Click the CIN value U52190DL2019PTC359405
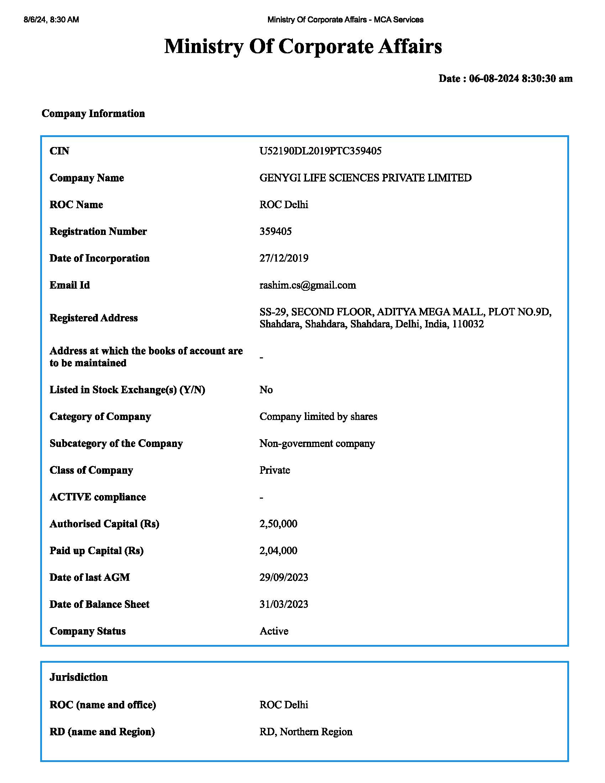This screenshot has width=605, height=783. click(320, 151)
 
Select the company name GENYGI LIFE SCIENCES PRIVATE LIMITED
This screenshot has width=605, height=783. click(365, 178)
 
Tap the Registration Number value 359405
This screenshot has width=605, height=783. click(275, 231)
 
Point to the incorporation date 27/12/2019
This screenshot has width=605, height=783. click(284, 258)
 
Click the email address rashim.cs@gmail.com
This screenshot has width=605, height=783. click(307, 285)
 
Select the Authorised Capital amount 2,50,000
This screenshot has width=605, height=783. click(278, 524)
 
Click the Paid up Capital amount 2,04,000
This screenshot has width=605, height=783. click(278, 551)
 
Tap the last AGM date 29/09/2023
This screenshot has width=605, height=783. click(284, 577)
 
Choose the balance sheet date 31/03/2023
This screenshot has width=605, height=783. click(284, 604)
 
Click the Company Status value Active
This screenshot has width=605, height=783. click(274, 631)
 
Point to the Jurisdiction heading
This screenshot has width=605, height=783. click(79, 677)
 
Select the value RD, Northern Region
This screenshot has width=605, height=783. click(306, 732)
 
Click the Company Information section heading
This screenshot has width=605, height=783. click(93, 114)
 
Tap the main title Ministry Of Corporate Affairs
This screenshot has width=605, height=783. click(303, 47)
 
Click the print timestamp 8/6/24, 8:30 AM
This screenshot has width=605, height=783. click(51, 20)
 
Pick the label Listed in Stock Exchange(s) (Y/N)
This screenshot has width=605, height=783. click(127, 390)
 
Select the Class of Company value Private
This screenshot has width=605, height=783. click(274, 470)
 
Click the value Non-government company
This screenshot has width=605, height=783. click(317, 443)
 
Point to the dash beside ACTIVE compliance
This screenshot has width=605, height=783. click(261, 498)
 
